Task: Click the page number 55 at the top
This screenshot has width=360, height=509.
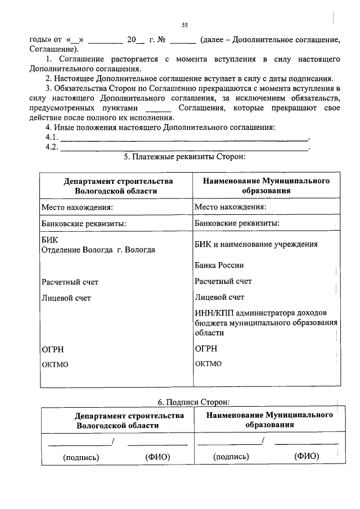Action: [x=184, y=25]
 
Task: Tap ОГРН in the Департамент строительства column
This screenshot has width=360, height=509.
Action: [x=53, y=349]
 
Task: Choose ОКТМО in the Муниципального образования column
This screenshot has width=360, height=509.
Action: [x=208, y=364]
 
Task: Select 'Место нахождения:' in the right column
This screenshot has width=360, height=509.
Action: [x=230, y=207]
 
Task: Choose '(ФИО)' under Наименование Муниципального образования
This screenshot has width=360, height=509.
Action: [x=306, y=456]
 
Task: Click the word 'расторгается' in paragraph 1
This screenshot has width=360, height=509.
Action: [x=122, y=59]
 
